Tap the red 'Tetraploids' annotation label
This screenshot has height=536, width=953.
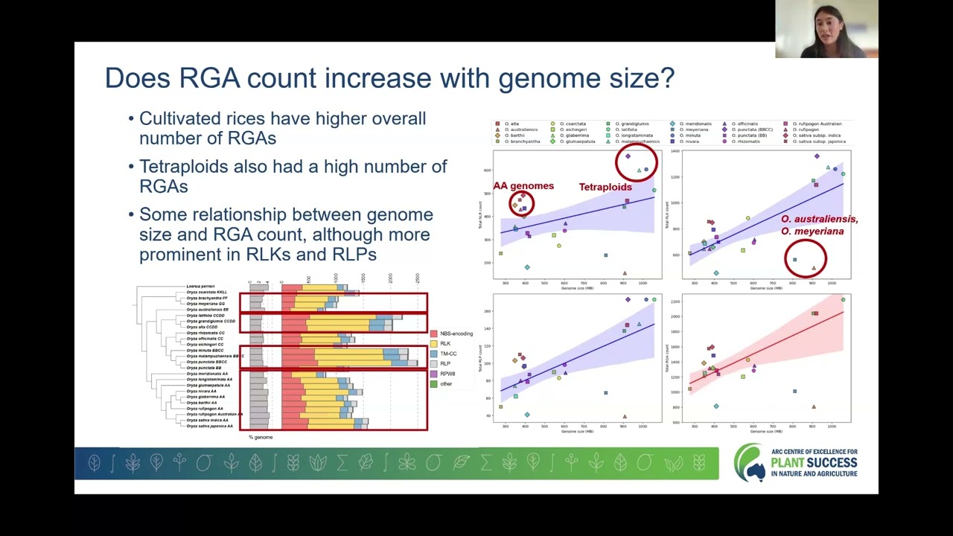[x=605, y=187]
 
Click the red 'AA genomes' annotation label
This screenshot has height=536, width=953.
[x=523, y=186]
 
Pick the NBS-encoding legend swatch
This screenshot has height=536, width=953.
[x=434, y=334]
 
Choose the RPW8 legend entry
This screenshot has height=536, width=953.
[x=447, y=374]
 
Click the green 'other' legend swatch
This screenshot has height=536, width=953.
[x=434, y=384]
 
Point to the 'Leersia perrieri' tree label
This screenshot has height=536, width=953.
[x=200, y=287]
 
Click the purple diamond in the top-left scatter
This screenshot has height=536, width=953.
[x=628, y=156]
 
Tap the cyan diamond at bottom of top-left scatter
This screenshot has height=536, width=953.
[x=527, y=267]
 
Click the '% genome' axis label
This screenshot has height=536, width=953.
[x=261, y=437]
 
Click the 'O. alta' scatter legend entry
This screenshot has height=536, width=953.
[x=511, y=124]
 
